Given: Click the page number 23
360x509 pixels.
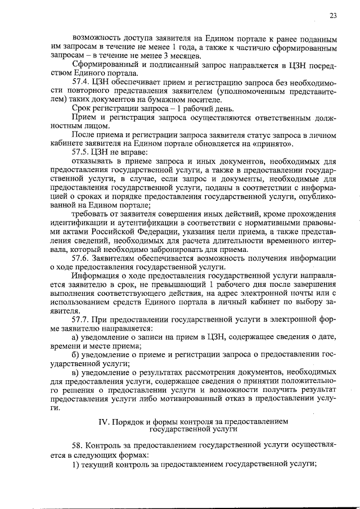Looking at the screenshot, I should tap(333, 16).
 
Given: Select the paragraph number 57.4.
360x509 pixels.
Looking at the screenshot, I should tap(82, 82).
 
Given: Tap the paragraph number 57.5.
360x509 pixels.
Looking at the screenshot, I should tap(82, 152).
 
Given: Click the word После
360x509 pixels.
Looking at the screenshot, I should tap(84, 134).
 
